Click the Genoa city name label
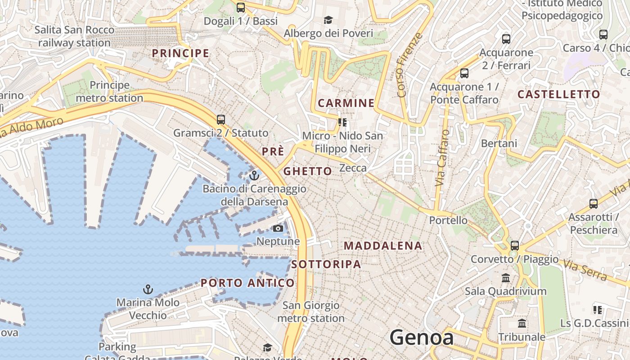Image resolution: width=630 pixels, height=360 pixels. [x=421, y=337]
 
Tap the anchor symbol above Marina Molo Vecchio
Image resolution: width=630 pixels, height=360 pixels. [x=148, y=289]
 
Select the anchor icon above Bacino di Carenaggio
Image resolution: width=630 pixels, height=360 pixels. [x=255, y=175]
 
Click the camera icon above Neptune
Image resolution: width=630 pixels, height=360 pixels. [x=278, y=229]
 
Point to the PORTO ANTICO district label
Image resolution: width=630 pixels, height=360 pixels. [x=247, y=283]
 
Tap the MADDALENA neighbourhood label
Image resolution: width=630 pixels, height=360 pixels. [x=383, y=246]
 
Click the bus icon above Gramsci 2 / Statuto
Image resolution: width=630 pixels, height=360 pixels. [x=220, y=120]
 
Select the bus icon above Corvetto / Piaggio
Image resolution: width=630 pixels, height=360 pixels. [x=515, y=246]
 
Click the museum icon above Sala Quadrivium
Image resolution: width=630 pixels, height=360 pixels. [x=506, y=278]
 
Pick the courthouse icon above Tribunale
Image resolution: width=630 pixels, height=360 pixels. [x=522, y=324]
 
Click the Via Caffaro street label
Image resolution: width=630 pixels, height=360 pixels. [x=442, y=158]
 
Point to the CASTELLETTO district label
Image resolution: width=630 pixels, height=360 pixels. [x=558, y=94]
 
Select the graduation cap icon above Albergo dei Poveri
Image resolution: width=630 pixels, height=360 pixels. [x=328, y=20]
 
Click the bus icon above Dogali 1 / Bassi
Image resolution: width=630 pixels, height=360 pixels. [x=241, y=7]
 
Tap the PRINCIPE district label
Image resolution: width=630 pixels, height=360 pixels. [x=180, y=53]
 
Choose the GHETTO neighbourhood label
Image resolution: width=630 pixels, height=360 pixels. [x=308, y=171]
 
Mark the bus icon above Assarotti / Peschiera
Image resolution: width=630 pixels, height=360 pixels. [x=593, y=204]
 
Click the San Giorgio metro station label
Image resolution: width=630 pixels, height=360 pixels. [x=310, y=312]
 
